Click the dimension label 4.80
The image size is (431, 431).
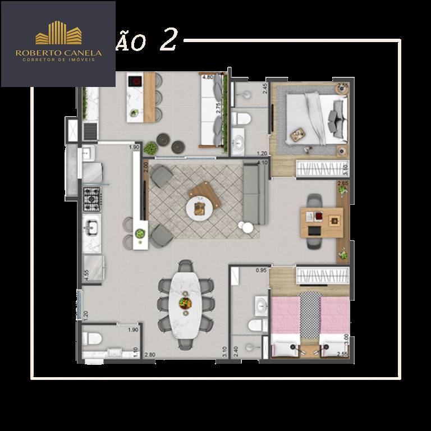(x=207, y=77)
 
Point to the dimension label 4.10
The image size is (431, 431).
(x=261, y=163)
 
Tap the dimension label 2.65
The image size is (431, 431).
(x=343, y=183)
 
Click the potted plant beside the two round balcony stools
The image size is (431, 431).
(x=150, y=148)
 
